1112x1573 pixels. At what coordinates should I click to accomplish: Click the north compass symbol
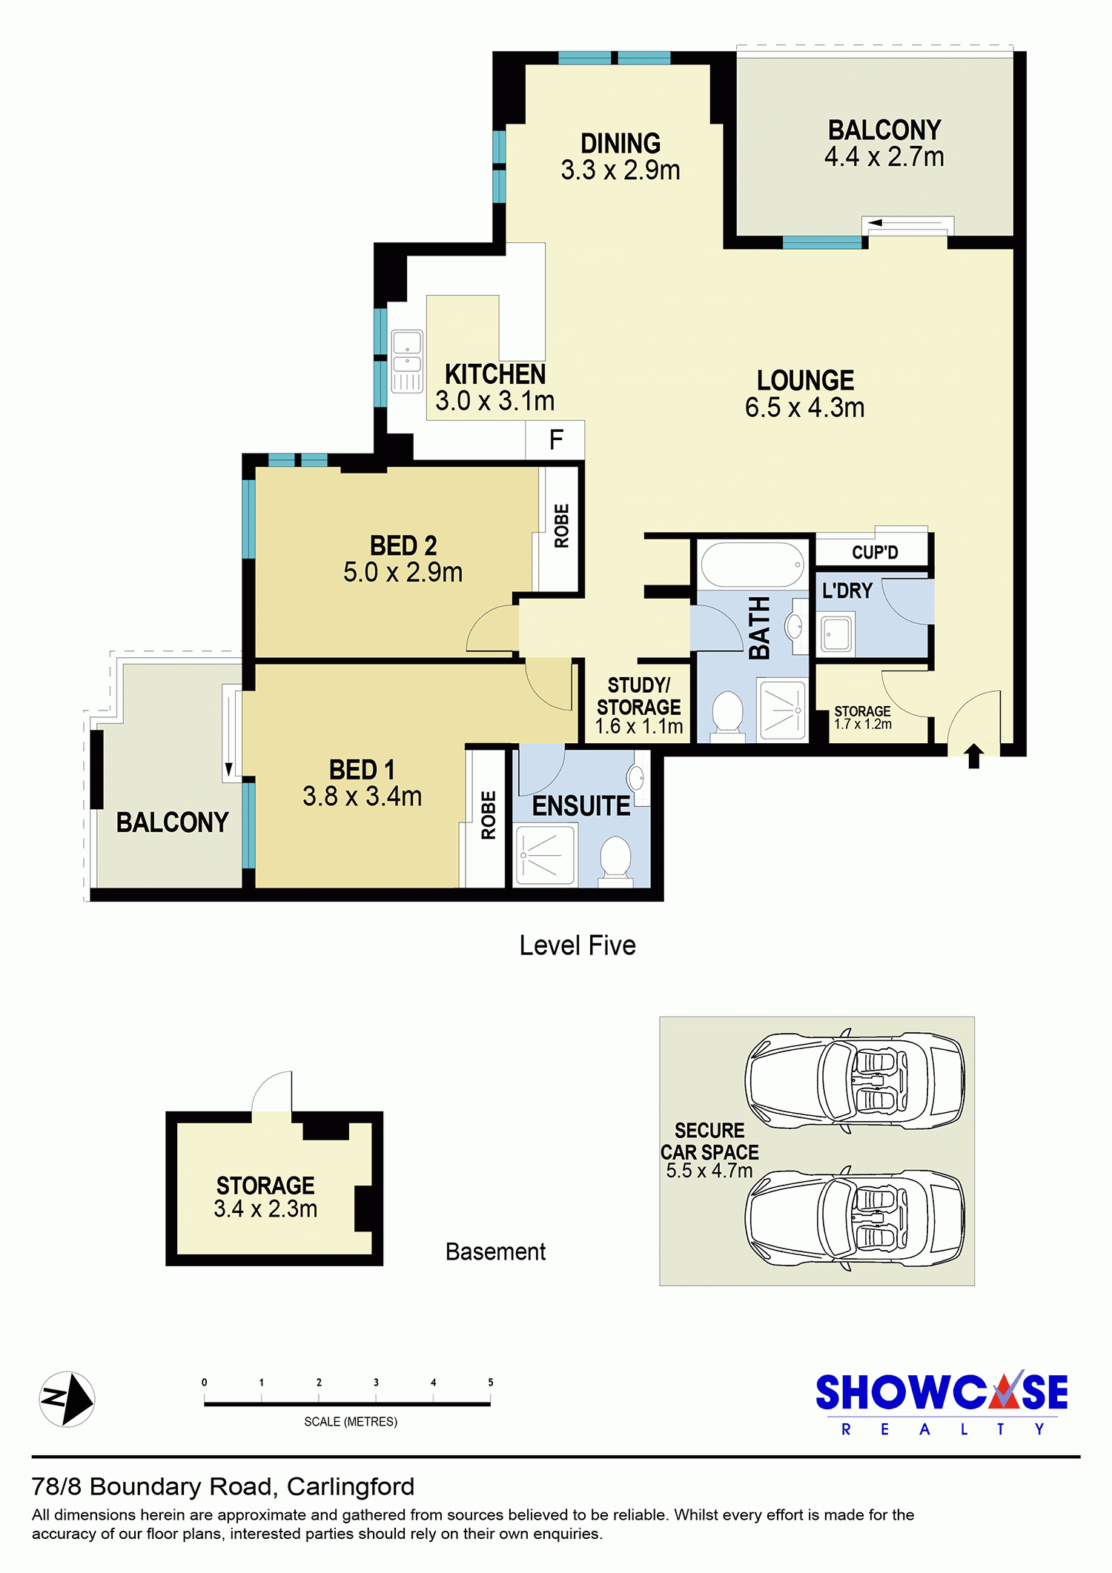coord(67,1399)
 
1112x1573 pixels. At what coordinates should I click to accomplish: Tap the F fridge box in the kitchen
coord(555,440)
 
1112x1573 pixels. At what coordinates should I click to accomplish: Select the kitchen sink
coord(406,361)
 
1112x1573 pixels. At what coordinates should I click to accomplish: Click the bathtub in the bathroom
coord(752,565)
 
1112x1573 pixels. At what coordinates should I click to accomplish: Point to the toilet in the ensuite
coord(615,859)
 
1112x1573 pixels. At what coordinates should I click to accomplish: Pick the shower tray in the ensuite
coord(546,855)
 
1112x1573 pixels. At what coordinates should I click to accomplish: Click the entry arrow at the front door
coord(974,756)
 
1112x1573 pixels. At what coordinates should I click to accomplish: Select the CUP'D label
coord(875,553)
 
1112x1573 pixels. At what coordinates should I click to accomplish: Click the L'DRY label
coord(847,591)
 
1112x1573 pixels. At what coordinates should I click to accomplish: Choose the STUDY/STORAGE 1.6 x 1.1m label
coord(639,706)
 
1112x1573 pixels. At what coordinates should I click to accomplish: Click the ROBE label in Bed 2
coord(562,526)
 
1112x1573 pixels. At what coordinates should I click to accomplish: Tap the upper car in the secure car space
coord(854,1081)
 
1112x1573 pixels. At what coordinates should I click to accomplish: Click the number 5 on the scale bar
coord(490,1383)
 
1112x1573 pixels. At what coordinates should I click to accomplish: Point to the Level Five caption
coord(577,945)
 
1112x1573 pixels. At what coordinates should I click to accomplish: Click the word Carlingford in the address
coord(351,1487)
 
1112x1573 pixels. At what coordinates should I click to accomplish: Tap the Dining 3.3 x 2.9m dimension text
coord(620,170)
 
